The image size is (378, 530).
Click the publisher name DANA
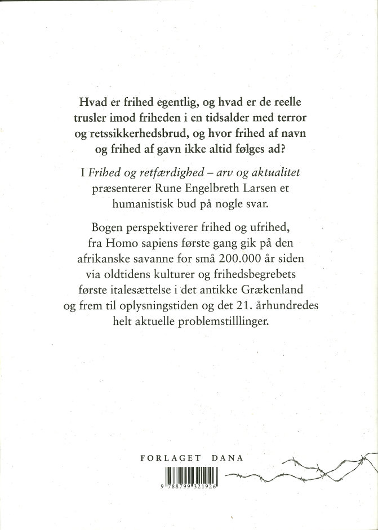pyautogui.click(x=226, y=458)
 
